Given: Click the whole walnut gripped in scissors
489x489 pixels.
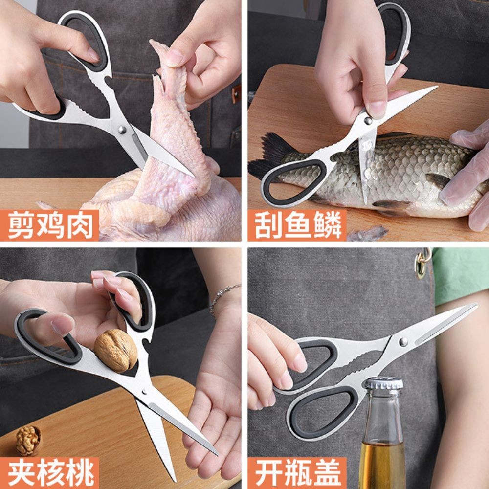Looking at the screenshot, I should (115, 350).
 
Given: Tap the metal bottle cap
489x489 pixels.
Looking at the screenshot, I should (383, 383).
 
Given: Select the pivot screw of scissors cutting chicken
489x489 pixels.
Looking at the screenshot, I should (122, 129).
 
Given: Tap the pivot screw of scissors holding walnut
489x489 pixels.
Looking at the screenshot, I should (144, 392).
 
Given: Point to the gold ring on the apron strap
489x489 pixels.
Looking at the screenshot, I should (421, 264).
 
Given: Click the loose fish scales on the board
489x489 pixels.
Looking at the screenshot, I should (367, 233).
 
